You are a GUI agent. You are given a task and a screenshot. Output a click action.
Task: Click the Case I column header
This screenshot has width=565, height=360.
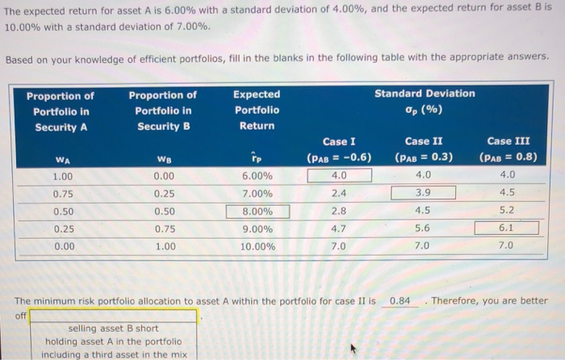tap(339, 149)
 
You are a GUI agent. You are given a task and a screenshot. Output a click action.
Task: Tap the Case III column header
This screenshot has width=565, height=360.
tap(508, 149)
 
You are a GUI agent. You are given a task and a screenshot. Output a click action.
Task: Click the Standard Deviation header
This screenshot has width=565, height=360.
tap(425, 101)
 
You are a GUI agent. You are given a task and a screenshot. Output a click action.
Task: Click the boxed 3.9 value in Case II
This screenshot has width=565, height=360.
tap(423, 193)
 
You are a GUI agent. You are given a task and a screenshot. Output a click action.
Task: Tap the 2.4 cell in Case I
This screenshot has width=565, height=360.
tap(339, 193)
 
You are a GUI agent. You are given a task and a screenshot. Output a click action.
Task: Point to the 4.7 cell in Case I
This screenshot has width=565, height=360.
tap(339, 228)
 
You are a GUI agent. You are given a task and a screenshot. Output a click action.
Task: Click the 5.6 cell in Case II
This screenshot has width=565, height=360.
tap(423, 228)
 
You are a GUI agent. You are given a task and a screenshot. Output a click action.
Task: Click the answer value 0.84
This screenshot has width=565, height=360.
tap(400, 301)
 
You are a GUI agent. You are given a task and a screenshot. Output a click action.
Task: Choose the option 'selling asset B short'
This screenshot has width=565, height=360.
tap(113, 329)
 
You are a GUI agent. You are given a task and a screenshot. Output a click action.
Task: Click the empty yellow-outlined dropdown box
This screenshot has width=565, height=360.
tap(113, 316)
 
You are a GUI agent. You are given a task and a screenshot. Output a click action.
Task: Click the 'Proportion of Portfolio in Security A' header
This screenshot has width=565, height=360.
tap(61, 111)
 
